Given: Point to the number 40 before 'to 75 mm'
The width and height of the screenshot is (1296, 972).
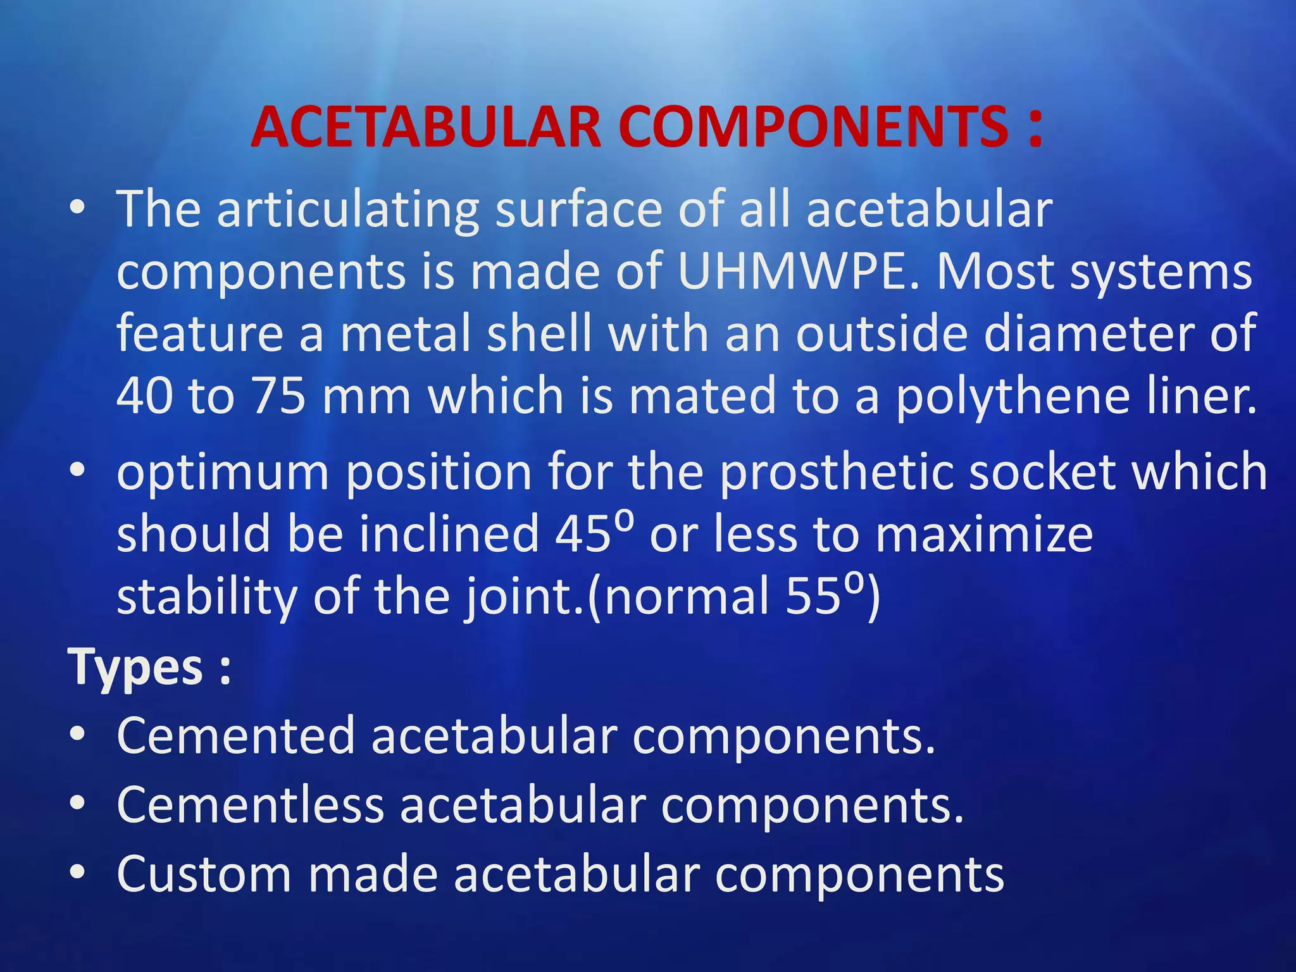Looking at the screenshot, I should (144, 396).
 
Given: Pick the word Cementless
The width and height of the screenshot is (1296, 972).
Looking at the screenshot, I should (251, 805).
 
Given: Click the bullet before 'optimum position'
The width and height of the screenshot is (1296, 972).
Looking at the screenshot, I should (77, 470).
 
